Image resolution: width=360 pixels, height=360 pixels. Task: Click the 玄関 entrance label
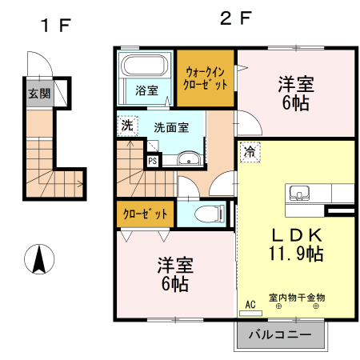pyautogui.click(x=38, y=94)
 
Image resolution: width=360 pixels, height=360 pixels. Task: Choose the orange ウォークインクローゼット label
pyautogui.click(x=206, y=78)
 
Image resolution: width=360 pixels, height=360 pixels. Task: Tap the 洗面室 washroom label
pyautogui.click(x=170, y=127)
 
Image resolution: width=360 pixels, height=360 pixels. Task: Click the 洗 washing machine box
pyautogui.click(x=127, y=126)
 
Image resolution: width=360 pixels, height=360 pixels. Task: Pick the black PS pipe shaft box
pyautogui.click(x=152, y=160)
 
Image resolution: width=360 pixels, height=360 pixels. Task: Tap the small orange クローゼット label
pyautogui.click(x=145, y=214)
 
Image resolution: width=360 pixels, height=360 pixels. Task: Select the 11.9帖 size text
pyautogui.click(x=295, y=254)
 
